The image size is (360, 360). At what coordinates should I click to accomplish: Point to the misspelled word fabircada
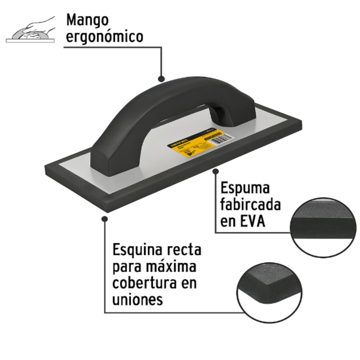coord(251,205)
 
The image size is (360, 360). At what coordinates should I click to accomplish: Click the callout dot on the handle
coord(161,78)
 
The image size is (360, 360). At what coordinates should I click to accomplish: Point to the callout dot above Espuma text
coord(216,171)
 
